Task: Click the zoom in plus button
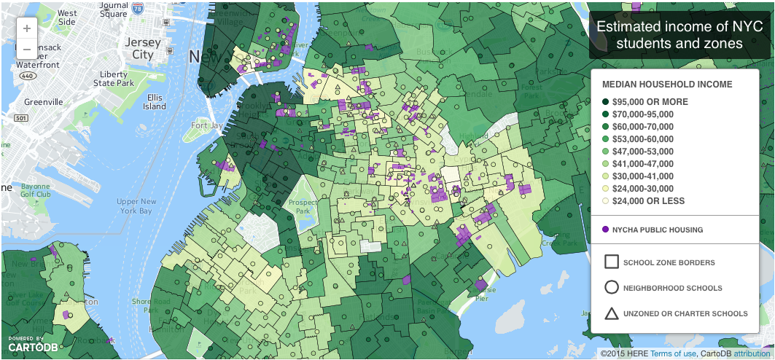tap(27, 29)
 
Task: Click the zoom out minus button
tap(27, 50)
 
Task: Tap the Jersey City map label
tap(142, 49)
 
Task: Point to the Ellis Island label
tap(155, 101)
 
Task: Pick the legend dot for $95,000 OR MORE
tap(606, 102)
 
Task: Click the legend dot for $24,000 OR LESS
tap(606, 201)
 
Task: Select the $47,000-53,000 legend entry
tap(643, 152)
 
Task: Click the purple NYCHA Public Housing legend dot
tap(605, 230)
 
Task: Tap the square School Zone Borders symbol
tap(612, 262)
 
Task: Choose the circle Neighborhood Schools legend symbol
tap(612, 288)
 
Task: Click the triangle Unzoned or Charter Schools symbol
tap(612, 313)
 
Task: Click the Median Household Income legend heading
tap(667, 85)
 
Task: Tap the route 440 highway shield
tap(28, 76)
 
